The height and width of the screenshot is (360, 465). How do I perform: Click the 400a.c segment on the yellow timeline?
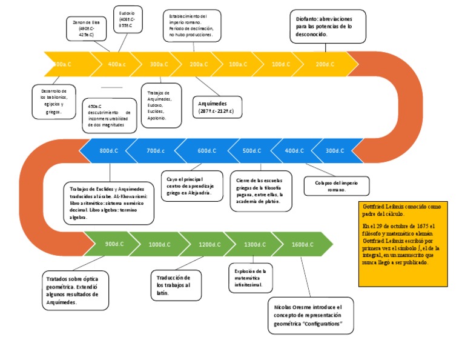click(117, 64)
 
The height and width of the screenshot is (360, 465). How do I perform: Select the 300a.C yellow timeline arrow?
click(159, 64)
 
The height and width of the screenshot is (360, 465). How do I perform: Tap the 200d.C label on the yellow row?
click(325, 64)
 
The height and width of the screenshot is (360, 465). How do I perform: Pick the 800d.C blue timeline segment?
click(109, 150)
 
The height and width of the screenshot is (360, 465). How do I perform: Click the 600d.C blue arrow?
click(206, 150)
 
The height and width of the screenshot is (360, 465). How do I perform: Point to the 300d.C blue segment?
click(335, 150)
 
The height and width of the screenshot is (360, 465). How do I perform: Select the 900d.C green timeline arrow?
click(114, 244)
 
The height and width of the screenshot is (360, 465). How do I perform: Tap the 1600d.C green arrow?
click(302, 244)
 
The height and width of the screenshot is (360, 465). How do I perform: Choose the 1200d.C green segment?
click(209, 244)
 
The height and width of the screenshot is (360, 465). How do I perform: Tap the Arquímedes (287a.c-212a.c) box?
click(216, 107)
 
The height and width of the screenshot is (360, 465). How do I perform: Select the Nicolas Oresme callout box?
click(308, 315)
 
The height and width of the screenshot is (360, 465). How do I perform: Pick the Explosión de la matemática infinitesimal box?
click(250, 276)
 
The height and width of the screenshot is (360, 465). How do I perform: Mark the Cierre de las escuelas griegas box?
click(260, 190)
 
